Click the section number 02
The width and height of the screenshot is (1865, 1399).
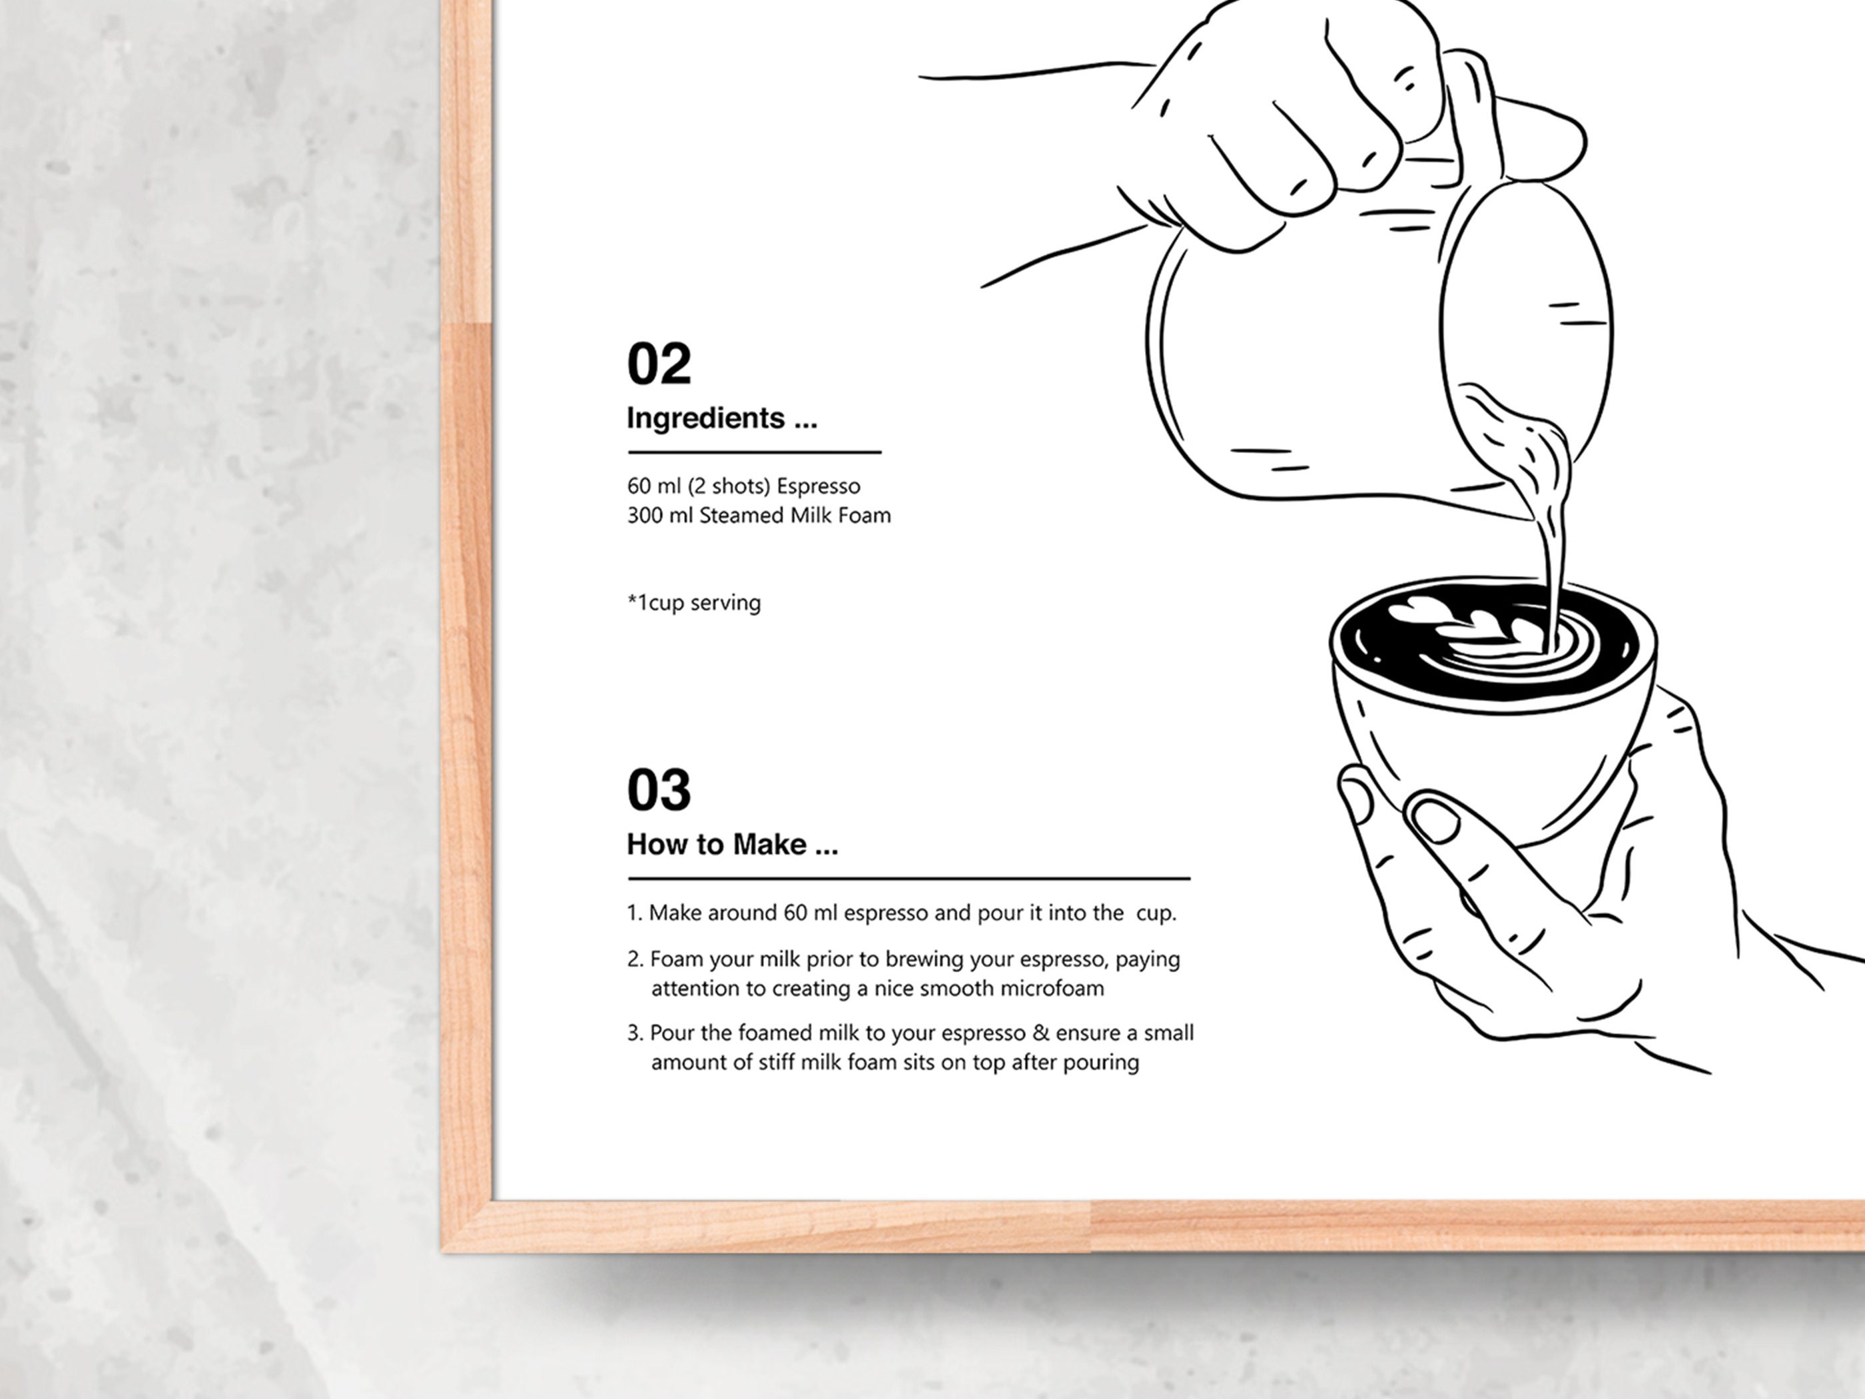(659, 364)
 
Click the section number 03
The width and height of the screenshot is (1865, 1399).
(659, 790)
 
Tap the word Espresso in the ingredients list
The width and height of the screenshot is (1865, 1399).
(818, 486)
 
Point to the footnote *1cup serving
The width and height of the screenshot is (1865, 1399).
(693, 603)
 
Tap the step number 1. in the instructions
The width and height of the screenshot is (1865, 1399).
(635, 913)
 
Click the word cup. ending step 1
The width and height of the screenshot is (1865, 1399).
(1155, 913)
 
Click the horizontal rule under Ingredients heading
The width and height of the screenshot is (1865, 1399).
(754, 453)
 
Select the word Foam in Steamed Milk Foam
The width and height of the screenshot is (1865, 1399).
(863, 515)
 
